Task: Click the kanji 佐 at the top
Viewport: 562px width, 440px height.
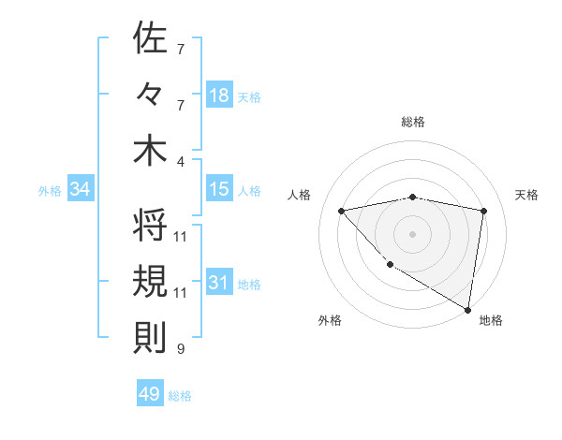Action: pyautogui.click(x=150, y=40)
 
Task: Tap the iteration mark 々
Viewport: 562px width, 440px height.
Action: pyautogui.click(x=150, y=95)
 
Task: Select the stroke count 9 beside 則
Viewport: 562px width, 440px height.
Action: pyautogui.click(x=181, y=349)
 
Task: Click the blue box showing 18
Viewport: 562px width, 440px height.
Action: pyautogui.click(x=219, y=95)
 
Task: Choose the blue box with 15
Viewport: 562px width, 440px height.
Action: pyautogui.click(x=219, y=189)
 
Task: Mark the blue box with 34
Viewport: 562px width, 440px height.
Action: pyautogui.click(x=81, y=189)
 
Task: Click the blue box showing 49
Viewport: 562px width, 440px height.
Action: pyautogui.click(x=150, y=394)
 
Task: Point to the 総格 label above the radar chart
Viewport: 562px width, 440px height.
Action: pyautogui.click(x=413, y=122)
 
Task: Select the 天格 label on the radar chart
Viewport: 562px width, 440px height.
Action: pyautogui.click(x=527, y=195)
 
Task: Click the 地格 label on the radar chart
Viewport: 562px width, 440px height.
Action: pyautogui.click(x=491, y=320)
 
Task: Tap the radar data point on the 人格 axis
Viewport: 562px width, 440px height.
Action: pyautogui.click(x=342, y=211)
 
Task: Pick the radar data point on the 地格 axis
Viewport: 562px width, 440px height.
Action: pyautogui.click(x=467, y=308)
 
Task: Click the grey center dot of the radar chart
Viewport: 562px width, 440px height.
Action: pyautogui.click(x=412, y=233)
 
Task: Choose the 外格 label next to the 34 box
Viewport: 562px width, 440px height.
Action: pyautogui.click(x=50, y=190)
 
